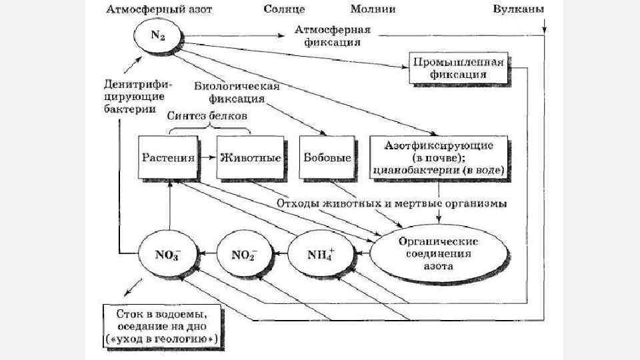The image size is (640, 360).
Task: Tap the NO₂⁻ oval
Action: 243,254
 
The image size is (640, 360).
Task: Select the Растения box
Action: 169,158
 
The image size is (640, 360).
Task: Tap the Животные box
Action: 250,158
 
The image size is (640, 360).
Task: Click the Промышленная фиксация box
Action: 459,69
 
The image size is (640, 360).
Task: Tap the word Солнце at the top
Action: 284,9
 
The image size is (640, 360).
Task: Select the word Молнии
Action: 373,9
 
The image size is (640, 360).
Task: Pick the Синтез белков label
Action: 207,115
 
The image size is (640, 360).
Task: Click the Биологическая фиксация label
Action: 237,93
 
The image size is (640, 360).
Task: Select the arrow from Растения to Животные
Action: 209,158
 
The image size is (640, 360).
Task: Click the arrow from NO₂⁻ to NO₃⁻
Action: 206,254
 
